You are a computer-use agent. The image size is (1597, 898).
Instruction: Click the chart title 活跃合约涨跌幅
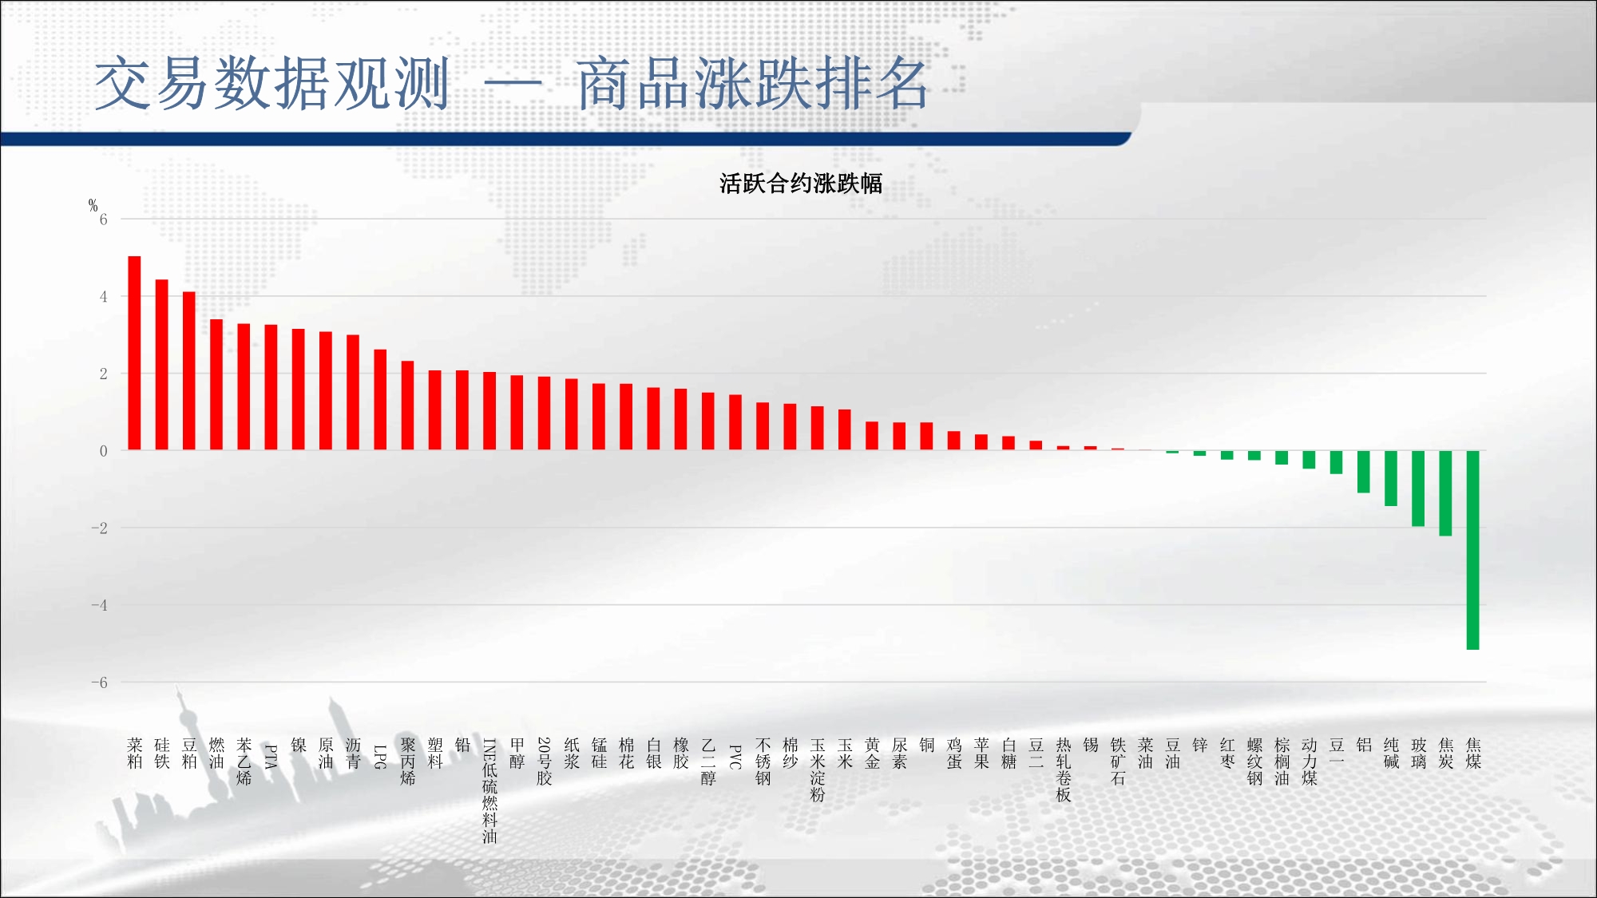coord(800,184)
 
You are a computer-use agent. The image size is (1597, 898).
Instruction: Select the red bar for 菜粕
coord(134,353)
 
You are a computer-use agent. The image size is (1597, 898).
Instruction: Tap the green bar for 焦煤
coord(1473,550)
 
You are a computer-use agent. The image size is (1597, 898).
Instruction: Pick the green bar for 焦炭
coord(1445,493)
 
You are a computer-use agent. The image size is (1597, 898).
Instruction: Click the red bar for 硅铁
coord(162,365)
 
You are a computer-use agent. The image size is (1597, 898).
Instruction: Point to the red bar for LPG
coord(380,400)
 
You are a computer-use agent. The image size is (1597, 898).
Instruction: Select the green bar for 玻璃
coord(1418,489)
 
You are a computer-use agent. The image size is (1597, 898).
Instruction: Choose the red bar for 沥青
coord(353,393)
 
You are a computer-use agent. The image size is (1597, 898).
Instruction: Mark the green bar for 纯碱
coord(1391,478)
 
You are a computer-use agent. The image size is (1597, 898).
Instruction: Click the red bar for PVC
coord(735,422)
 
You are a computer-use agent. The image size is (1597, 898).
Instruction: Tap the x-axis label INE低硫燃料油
coord(489,791)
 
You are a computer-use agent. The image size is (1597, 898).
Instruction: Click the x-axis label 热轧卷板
coord(1064,769)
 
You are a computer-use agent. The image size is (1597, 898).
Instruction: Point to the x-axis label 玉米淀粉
coord(818,769)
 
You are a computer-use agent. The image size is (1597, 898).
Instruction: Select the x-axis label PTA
coord(271,756)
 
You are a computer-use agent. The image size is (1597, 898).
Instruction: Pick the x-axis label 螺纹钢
coord(1254,762)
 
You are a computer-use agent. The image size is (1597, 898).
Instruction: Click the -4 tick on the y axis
coord(99,605)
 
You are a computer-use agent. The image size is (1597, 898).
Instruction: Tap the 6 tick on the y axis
coord(103,220)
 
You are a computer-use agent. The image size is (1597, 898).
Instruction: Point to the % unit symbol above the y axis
coord(93,206)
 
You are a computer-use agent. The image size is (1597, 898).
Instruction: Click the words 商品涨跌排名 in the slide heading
coord(753,83)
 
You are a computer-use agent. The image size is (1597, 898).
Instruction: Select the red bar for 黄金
coord(872,436)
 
